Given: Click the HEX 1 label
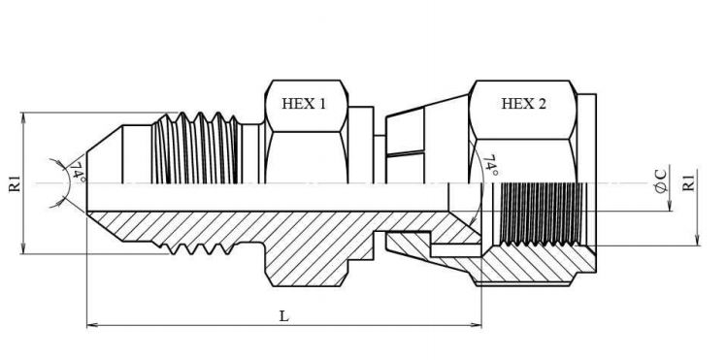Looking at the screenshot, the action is [x=304, y=103].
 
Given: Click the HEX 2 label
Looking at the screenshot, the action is [x=523, y=103].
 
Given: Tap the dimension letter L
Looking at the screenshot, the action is [x=283, y=316].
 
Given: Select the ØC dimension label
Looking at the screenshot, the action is [x=662, y=181].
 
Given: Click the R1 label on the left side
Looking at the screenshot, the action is [x=15, y=183].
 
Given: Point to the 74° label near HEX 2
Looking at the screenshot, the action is [x=490, y=166].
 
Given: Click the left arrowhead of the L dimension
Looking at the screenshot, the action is [x=92, y=325].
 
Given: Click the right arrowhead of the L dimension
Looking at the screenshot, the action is [x=477, y=325].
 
